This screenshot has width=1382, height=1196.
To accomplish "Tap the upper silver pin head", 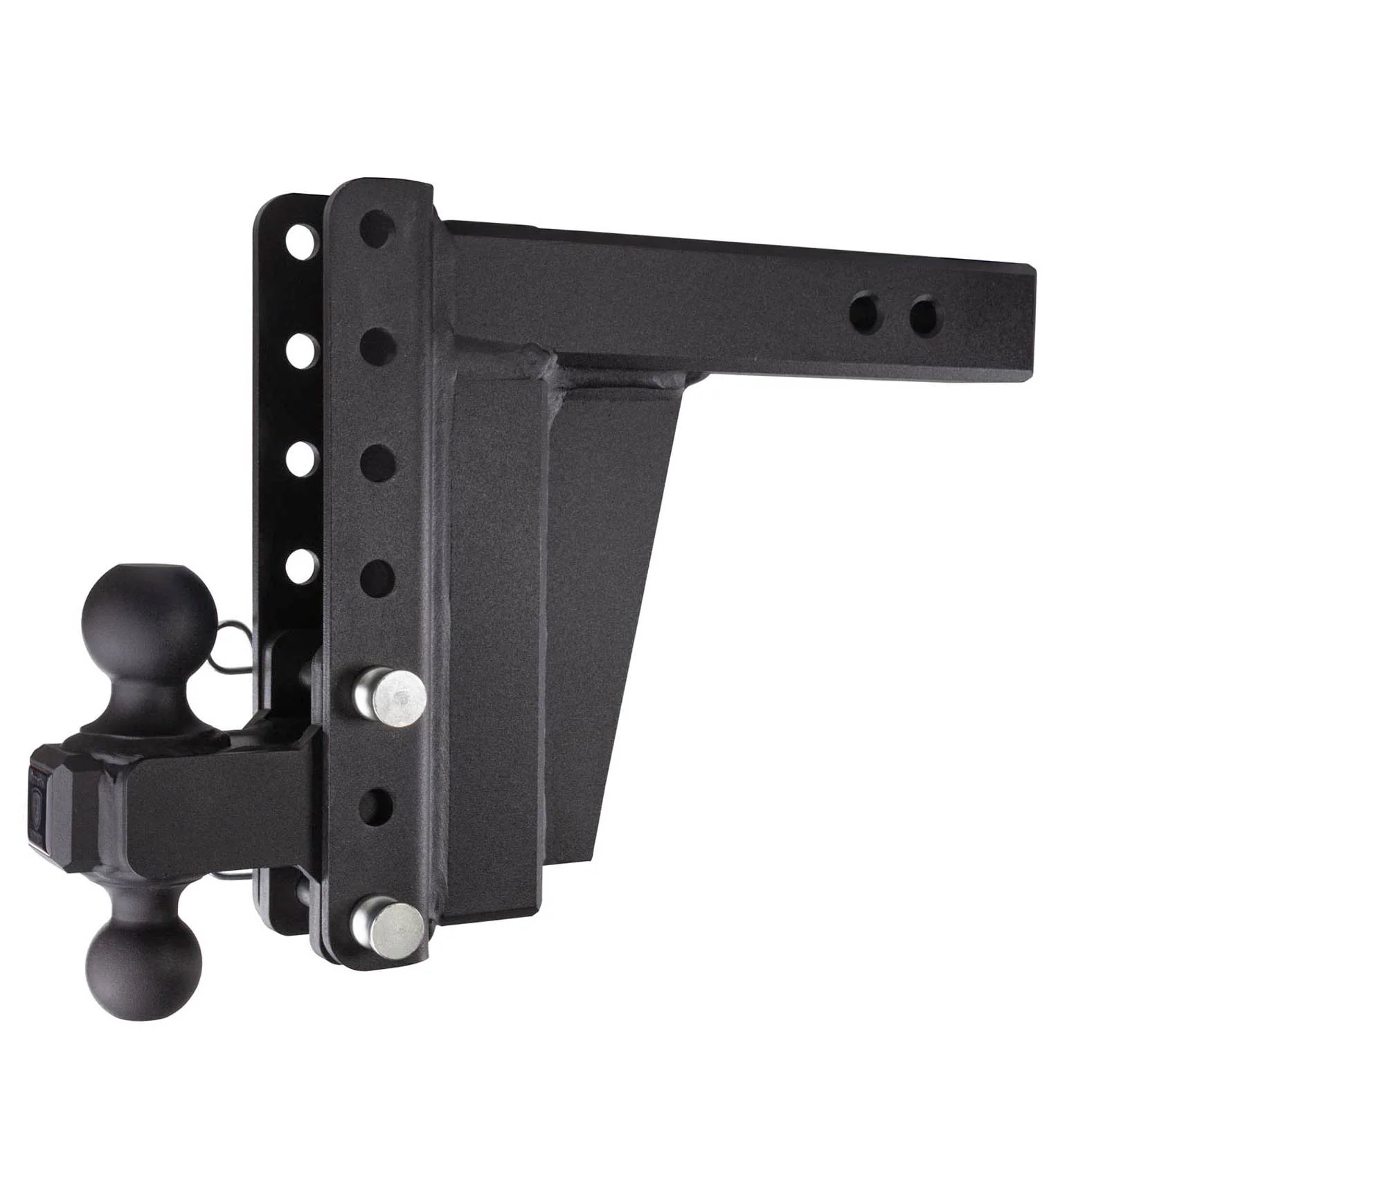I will [389, 699].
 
